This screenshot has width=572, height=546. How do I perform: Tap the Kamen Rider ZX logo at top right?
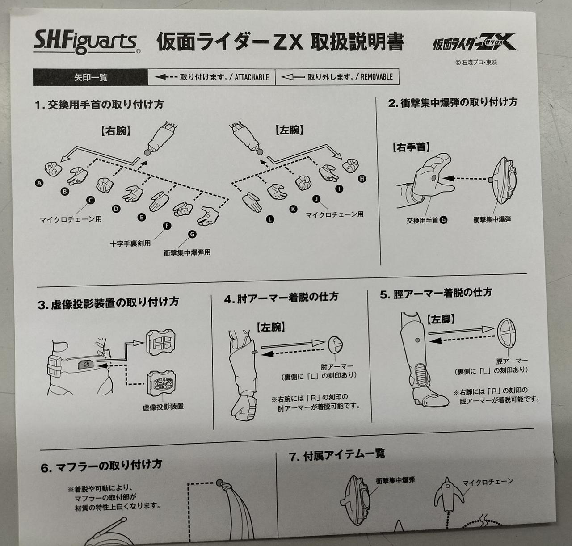tap(476, 44)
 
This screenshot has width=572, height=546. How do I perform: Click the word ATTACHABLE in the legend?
tap(252, 77)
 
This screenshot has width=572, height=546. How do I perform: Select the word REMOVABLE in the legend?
tap(376, 76)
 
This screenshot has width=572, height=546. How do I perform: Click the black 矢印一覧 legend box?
tap(90, 77)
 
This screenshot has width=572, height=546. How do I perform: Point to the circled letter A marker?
tap(39, 183)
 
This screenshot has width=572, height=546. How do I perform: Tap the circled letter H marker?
tap(362, 179)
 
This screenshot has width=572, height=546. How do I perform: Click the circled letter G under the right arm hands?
tap(192, 234)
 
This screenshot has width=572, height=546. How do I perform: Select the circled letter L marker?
tap(270, 219)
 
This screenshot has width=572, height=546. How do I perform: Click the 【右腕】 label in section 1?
tap(115, 130)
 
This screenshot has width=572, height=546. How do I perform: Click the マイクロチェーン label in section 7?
tap(487, 482)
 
